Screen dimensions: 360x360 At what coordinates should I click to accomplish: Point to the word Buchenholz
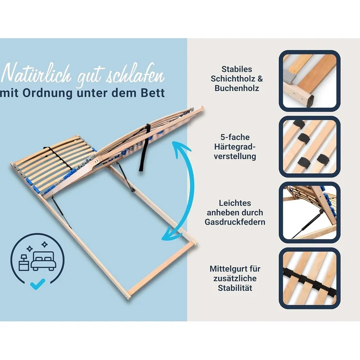237,89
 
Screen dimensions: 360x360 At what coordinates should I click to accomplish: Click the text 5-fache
237,137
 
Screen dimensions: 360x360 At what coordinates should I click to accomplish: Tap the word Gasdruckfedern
235,222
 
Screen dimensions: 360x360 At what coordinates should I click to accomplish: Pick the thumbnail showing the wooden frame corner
309,81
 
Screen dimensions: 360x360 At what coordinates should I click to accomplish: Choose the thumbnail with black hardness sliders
309,146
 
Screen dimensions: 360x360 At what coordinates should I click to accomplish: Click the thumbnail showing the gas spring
309,212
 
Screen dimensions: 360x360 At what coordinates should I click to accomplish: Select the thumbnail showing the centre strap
309,278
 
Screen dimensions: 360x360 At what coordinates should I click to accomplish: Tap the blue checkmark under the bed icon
37,282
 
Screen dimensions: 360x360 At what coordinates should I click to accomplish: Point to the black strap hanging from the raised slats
143,147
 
